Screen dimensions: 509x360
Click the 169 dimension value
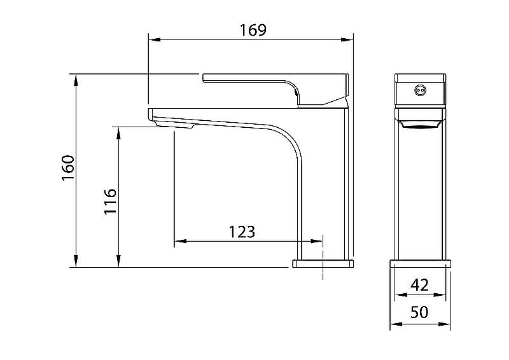click(253, 30)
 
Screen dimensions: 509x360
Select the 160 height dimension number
click(68, 168)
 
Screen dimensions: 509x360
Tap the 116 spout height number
click(110, 201)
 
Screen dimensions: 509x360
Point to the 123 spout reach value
click(242, 232)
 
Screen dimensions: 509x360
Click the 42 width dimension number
click(420, 285)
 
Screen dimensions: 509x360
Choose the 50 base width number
click(419, 312)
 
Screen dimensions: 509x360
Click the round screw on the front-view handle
click(421, 90)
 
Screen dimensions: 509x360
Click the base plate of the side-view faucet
click(323, 263)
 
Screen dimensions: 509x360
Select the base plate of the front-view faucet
click(421, 263)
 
